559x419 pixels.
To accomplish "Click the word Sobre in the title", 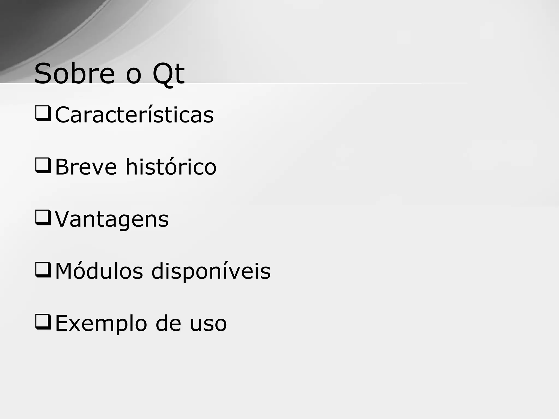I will coord(74,74).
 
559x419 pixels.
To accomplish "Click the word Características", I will coord(134,115).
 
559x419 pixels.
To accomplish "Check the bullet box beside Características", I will coord(43,113).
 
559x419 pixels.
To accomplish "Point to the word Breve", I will coord(86,167).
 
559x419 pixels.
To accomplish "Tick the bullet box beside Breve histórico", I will coord(43,166).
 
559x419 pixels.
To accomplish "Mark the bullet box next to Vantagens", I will coord(43,218).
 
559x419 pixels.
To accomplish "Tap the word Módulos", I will coord(99,271).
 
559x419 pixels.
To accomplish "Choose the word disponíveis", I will coord(211,271).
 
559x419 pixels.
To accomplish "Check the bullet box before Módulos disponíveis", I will coord(43,270).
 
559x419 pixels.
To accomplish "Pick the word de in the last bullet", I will coord(168,323).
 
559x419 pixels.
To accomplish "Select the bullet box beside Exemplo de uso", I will coord(43,322).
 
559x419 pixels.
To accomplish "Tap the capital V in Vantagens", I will coord(62,219).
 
